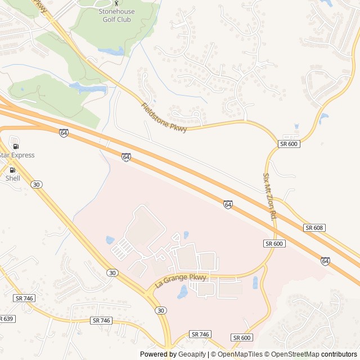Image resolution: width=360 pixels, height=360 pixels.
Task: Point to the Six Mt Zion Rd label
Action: click(268, 196)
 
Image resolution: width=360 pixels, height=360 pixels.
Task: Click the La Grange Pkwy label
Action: click(181, 280)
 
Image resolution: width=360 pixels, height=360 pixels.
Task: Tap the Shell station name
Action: click(12, 178)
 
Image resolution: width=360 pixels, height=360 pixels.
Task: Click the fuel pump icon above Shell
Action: click(12, 169)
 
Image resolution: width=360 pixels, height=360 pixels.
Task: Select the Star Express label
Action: click(17, 155)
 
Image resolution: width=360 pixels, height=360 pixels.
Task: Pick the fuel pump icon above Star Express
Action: click(15, 146)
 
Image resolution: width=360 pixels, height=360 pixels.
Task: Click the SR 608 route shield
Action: click(314, 228)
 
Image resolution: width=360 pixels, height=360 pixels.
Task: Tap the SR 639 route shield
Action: click(6, 319)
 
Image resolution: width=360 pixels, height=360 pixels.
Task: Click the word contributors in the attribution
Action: click(339, 354)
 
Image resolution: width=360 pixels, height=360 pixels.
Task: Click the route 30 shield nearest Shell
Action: click(37, 184)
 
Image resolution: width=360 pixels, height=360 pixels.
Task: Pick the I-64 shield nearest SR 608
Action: click(326, 261)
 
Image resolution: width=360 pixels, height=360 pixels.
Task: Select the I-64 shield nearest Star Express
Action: click(64, 133)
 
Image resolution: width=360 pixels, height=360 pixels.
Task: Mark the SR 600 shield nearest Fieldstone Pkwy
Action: click(289, 144)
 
